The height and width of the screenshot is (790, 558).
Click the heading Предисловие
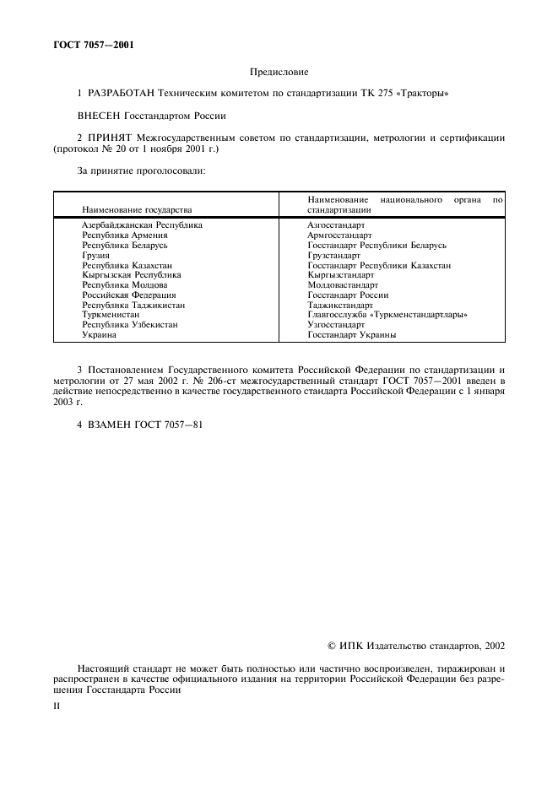pos(279,73)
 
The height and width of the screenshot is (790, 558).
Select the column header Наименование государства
pos(137,208)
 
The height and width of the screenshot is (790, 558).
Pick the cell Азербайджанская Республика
pos(142,225)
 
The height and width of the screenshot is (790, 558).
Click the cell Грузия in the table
pos(95,255)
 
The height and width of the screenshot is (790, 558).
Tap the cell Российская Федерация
pos(128,295)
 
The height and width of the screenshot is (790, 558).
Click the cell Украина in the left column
pos(99,334)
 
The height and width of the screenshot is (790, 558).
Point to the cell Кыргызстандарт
pos(340,275)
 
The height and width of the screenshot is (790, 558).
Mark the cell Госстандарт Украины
pos(352,334)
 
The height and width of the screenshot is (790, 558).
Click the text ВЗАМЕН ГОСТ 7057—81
pos(139,424)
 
